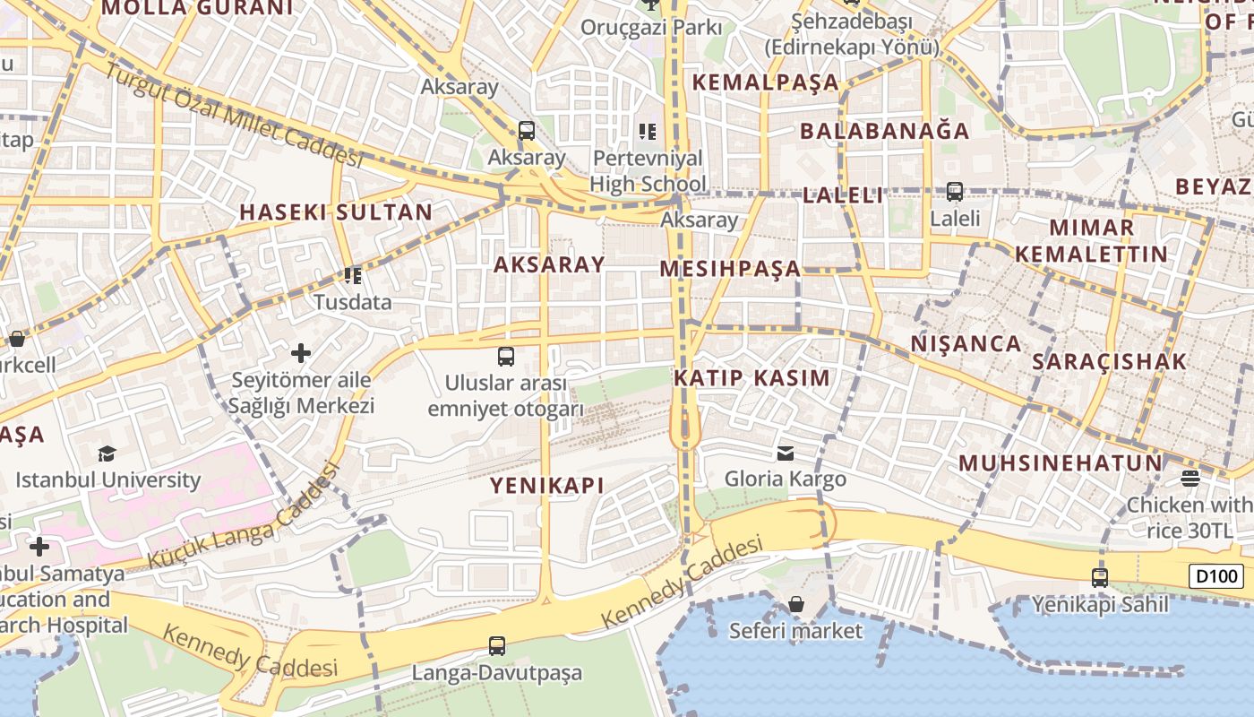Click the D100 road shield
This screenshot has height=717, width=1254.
point(1215,576)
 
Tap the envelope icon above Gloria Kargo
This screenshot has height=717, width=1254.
point(786,453)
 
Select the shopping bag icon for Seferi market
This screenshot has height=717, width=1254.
point(795,604)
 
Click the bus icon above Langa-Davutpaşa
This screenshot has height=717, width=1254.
point(496,645)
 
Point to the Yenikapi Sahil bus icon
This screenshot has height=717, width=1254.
point(1100,578)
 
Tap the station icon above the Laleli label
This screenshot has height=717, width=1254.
point(955,191)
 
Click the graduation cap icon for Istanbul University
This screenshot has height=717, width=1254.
point(107,454)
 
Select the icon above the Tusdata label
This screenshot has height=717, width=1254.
point(353,275)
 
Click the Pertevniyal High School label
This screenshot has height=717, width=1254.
point(648,172)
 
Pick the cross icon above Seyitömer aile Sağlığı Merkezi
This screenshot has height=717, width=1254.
point(301,353)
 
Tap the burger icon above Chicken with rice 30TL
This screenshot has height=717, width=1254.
point(1190,479)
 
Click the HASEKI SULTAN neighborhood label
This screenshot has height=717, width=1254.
point(336,212)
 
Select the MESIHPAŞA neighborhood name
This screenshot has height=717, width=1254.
point(730,269)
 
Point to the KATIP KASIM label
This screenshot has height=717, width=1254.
point(752,377)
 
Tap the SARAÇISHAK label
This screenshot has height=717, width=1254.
point(1109,362)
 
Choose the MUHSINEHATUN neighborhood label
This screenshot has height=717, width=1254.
point(1060,463)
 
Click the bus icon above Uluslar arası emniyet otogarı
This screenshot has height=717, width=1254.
point(506,357)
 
